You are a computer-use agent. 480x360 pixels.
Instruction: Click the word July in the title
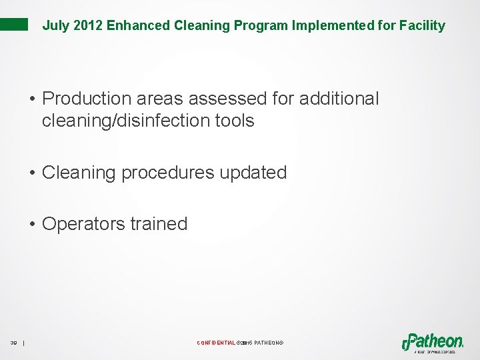[x=54, y=26]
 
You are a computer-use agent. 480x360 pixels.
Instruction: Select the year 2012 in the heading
[x=83, y=26]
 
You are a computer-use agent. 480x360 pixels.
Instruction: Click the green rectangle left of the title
[x=14, y=25]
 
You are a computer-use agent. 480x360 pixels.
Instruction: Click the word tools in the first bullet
[x=237, y=121]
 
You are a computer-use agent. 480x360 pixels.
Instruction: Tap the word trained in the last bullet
[x=159, y=224]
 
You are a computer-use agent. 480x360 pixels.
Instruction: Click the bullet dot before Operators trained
[x=32, y=224]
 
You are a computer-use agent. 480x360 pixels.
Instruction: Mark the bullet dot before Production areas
[x=32, y=99]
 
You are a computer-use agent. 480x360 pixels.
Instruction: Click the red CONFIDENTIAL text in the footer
[x=215, y=343]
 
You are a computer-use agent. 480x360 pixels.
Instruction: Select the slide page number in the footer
[x=13, y=343]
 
